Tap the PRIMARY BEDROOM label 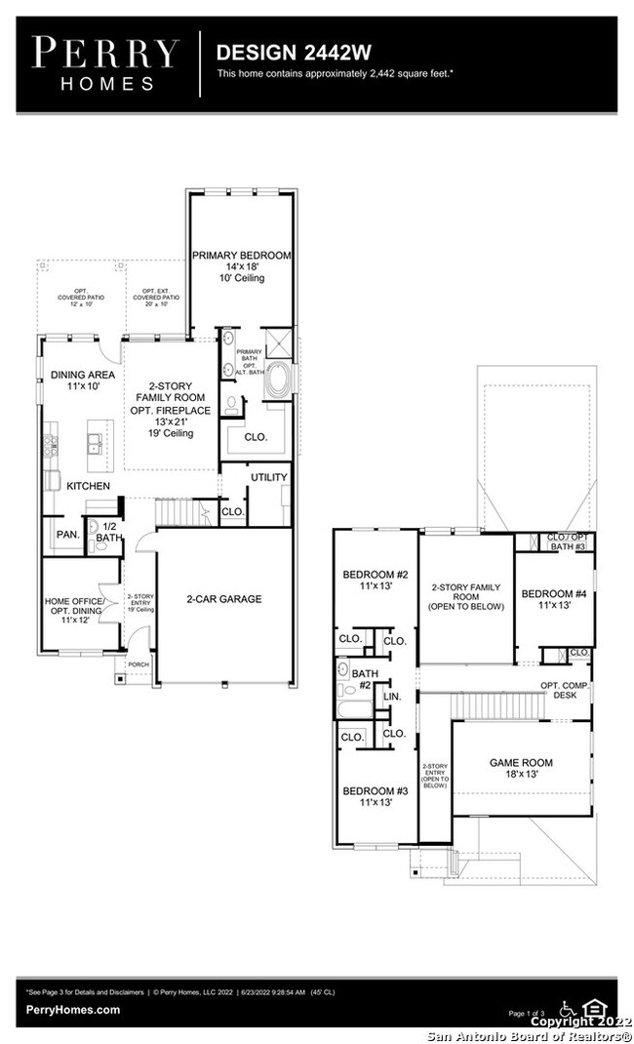click(241, 256)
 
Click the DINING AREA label click(82, 375)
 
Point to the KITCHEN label click(88, 485)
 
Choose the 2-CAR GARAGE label click(225, 599)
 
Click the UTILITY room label click(269, 477)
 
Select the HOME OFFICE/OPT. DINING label click(80, 607)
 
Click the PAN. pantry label click(66, 535)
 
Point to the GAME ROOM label click(522, 763)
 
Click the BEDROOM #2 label click(375, 574)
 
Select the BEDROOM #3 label click(375, 791)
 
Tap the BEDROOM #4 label click(553, 593)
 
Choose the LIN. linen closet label click(393, 697)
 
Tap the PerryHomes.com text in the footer click(73, 1010)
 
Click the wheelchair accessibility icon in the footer click(567, 1007)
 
